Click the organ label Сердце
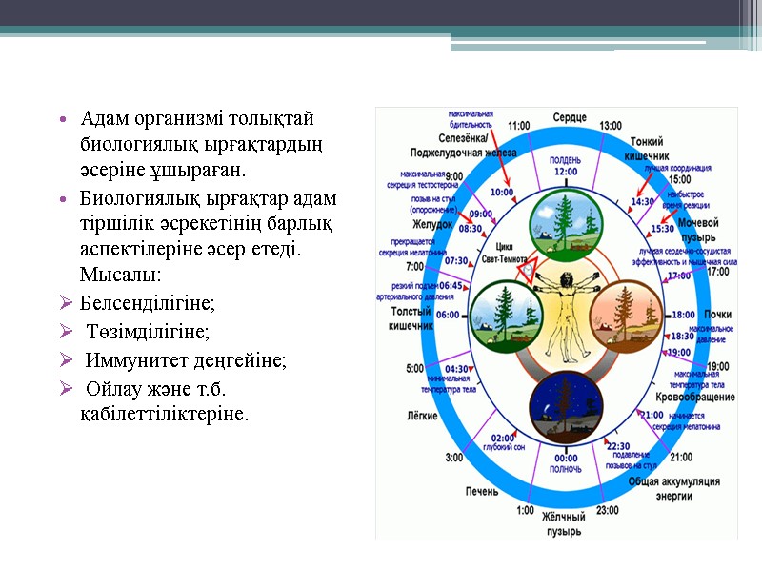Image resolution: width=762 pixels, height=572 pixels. click(570, 117)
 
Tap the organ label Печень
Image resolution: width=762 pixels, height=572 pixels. click(481, 491)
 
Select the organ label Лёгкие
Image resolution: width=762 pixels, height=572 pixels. click(422, 417)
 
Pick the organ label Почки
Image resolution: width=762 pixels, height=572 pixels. click(717, 315)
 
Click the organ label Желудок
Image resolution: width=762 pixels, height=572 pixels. click(410, 225)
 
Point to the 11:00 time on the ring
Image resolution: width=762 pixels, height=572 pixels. click(519, 125)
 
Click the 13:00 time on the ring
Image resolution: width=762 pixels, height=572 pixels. click(611, 125)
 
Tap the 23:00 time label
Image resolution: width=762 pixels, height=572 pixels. click(608, 510)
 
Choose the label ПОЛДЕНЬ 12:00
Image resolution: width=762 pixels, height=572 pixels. click(567, 166)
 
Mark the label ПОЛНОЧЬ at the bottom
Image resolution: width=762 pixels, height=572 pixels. click(566, 469)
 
